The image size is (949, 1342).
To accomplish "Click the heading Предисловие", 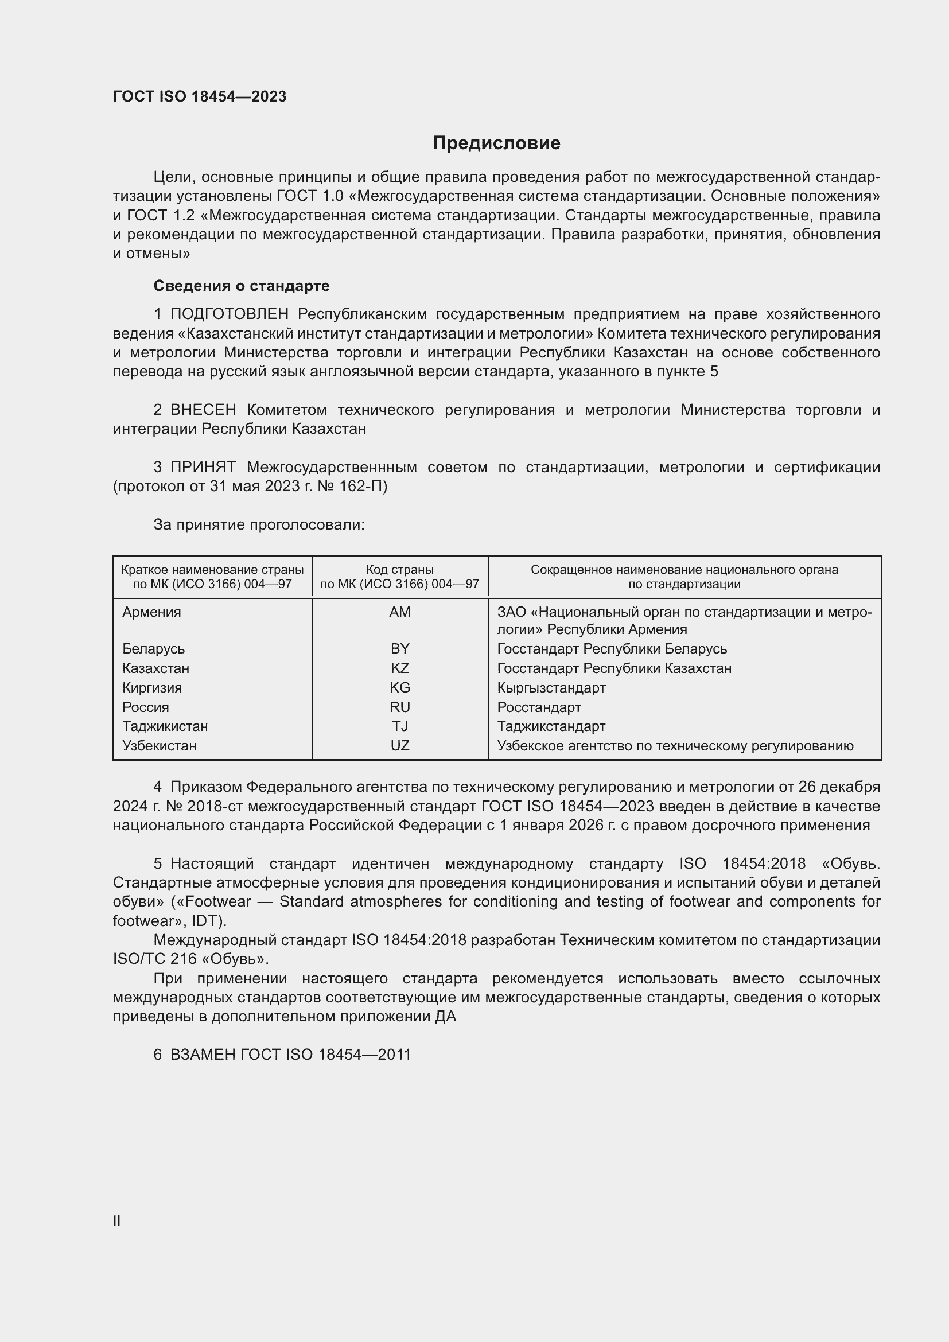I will [496, 143].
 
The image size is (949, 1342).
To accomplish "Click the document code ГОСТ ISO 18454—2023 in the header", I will [199, 96].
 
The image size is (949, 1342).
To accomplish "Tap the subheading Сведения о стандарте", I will [242, 286].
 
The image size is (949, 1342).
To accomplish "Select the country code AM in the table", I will [400, 612].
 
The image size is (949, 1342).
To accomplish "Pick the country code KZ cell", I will [400, 668].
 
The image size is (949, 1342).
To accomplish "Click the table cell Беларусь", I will [153, 649].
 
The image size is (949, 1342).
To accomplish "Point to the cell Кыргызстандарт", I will [551, 688].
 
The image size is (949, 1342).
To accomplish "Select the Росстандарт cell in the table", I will [539, 707].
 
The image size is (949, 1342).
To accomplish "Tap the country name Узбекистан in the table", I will [159, 746].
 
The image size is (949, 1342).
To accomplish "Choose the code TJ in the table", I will [400, 726].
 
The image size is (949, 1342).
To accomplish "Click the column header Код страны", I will [400, 569].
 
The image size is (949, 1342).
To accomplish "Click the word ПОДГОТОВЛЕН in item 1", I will [229, 314].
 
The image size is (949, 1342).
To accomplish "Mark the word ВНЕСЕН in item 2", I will [203, 410].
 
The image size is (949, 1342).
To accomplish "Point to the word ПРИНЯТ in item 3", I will [203, 467].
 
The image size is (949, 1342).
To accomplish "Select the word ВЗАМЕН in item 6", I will [203, 1055].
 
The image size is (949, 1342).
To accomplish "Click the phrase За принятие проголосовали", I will [259, 525].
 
